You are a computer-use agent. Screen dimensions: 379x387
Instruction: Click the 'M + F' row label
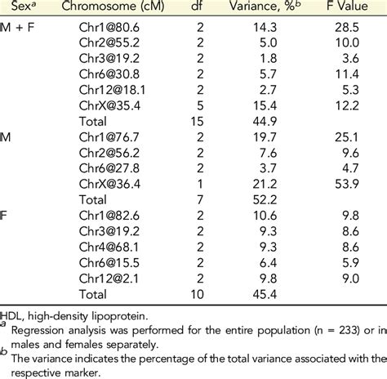(x=18, y=27)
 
